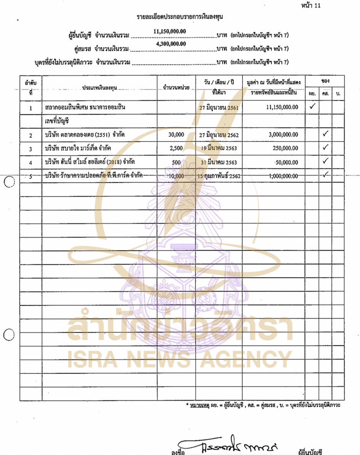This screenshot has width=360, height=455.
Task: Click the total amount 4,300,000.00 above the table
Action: click(x=171, y=44)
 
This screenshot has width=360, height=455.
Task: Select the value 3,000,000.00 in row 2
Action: click(x=283, y=135)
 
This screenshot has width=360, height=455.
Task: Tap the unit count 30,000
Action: click(x=176, y=135)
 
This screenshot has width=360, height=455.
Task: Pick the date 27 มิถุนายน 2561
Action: click(x=219, y=108)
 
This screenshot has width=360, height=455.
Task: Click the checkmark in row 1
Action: click(x=312, y=106)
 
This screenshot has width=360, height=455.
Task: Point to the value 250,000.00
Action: click(x=285, y=148)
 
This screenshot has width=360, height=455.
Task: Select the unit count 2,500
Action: click(x=176, y=148)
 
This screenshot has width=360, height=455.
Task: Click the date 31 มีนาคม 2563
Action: click(x=219, y=162)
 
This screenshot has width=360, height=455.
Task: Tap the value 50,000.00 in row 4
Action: click(x=286, y=162)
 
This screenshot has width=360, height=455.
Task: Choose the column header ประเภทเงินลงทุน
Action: click(x=100, y=88)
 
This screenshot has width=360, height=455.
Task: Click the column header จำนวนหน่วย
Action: click(x=176, y=88)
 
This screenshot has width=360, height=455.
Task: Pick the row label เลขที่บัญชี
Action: click(x=57, y=121)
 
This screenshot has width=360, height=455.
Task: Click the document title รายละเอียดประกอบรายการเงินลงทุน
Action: click(x=180, y=17)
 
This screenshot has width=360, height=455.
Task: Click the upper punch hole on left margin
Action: click(x=9, y=182)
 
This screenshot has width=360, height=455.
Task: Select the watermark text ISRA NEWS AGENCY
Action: click(x=179, y=360)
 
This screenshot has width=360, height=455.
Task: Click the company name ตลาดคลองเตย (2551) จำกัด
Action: click(x=85, y=135)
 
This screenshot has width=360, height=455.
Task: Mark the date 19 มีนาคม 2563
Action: click(x=219, y=148)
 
